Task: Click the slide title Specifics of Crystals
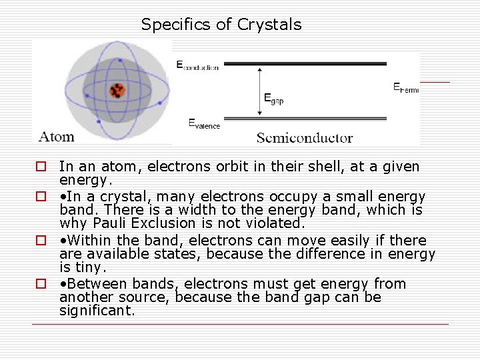coord(221,25)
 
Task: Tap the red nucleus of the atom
coord(118,91)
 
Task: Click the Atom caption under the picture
coord(57,137)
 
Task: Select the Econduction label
coord(197,65)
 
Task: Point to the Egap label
coord(273,98)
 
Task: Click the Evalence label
coord(203,123)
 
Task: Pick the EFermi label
coord(405,87)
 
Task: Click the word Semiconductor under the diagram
coord(304,138)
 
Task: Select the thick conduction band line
coord(303,64)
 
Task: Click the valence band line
coord(303,121)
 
